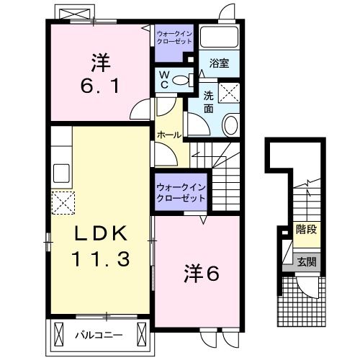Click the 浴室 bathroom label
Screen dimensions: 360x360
[x=219, y=63]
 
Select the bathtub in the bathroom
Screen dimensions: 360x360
[x=219, y=37]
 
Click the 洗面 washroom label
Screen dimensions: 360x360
[x=209, y=102]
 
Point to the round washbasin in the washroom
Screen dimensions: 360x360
[x=231, y=125]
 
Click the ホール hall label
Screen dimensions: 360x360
[x=169, y=135]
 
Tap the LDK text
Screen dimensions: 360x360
[x=101, y=233]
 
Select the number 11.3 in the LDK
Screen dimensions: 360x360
[x=101, y=259]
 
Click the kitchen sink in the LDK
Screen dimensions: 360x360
[x=61, y=173]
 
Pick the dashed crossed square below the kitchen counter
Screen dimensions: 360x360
[x=63, y=203]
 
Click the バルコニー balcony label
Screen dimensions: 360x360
[x=99, y=335]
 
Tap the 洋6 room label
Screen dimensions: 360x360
[x=202, y=274]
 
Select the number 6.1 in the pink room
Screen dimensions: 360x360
[x=100, y=86]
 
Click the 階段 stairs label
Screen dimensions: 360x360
[x=306, y=229]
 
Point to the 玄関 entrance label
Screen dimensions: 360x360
[x=307, y=261]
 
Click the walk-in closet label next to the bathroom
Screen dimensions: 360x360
[x=174, y=37]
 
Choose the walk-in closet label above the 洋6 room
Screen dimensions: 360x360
[x=181, y=193]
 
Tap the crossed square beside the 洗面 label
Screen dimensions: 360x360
[x=229, y=93]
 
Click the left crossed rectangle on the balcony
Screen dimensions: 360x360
[x=58, y=334]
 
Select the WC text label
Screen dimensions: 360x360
[x=163, y=80]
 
